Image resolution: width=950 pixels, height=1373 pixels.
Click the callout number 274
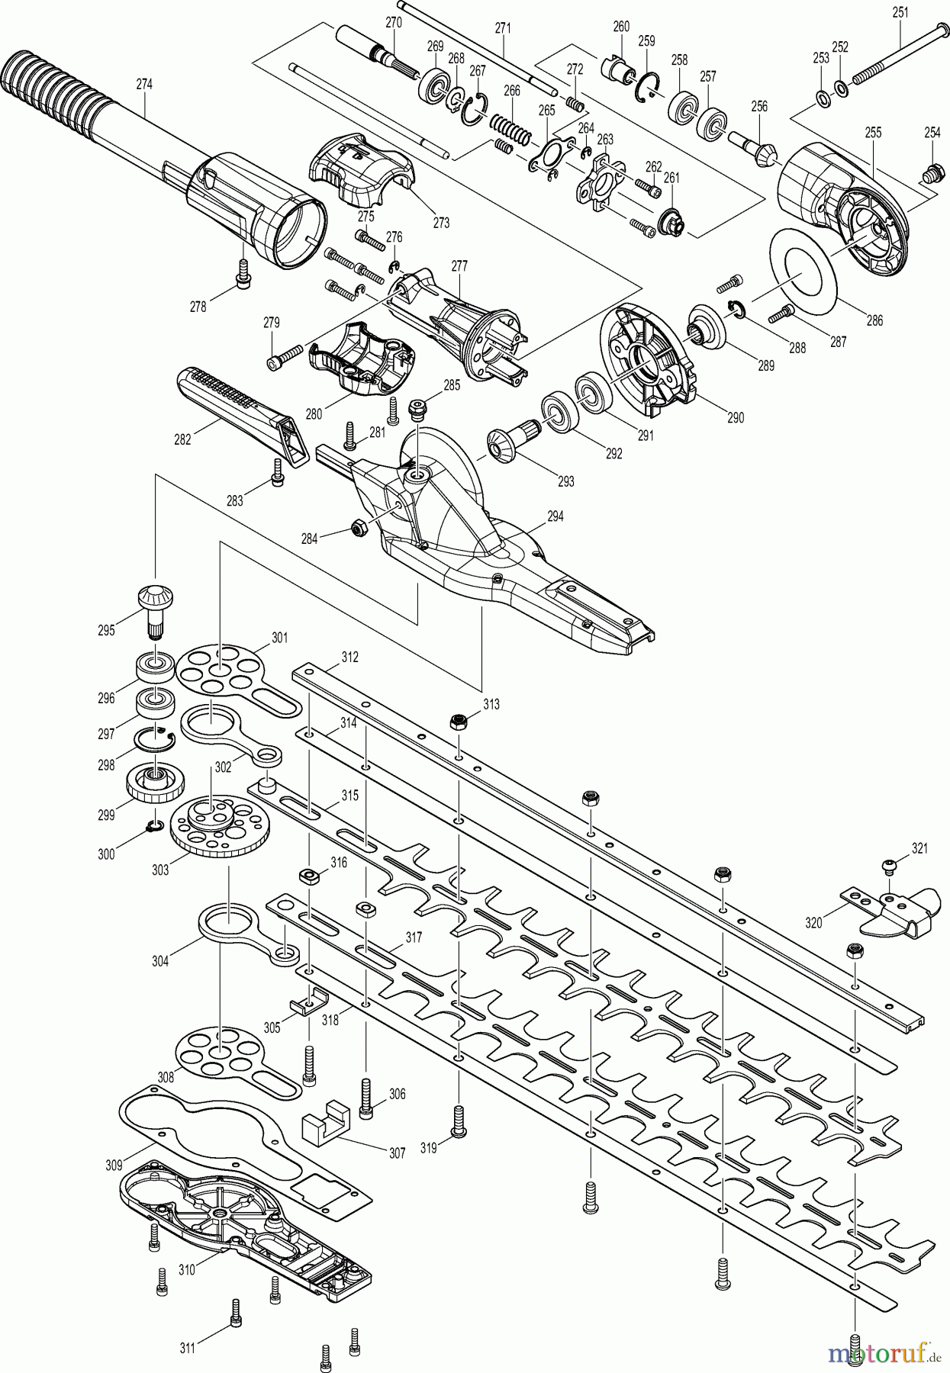(x=144, y=85)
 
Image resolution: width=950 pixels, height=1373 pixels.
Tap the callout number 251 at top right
(x=900, y=13)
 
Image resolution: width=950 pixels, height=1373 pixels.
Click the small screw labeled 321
(x=890, y=863)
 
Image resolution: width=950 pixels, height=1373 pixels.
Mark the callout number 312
(x=350, y=657)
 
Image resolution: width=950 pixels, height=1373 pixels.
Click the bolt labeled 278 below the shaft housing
(x=243, y=272)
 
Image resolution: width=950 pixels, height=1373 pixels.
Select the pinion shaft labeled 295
(x=155, y=608)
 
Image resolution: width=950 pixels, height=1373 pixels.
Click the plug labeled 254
(x=932, y=174)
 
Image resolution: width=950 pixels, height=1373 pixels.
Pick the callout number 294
(x=555, y=516)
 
